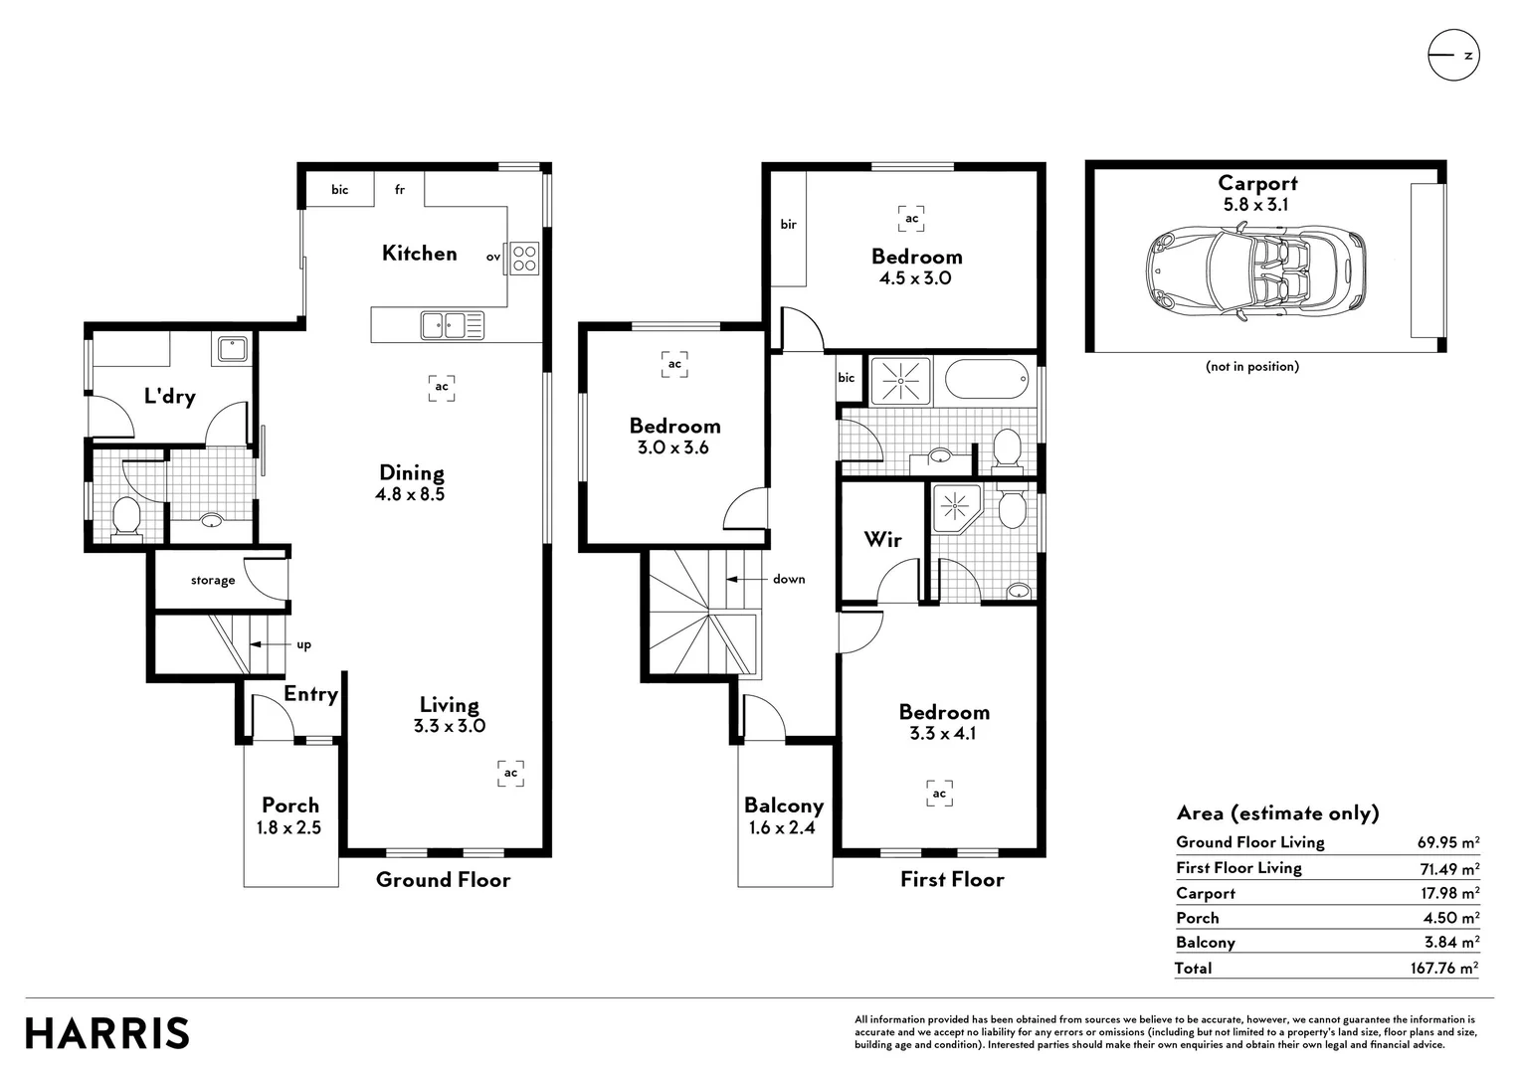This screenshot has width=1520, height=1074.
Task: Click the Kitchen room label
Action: pos(420,253)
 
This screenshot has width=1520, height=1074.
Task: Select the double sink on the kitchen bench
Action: pos(452,325)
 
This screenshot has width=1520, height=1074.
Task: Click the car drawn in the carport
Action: pos(1256,273)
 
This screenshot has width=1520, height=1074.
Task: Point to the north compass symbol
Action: pos(1453,55)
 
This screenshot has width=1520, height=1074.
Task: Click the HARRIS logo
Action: pos(107,1032)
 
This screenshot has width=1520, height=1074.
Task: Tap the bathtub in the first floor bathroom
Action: pos(987,379)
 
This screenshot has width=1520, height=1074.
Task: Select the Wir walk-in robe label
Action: pos(882,540)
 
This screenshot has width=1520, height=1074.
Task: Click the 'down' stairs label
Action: pos(789,579)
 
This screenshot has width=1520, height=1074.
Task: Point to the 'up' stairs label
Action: pos(303,644)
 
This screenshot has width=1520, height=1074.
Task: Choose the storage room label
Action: pos(213,580)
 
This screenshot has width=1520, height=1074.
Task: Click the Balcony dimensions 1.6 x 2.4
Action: pos(783,827)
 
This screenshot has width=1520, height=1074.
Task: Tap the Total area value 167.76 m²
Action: pos(1444,968)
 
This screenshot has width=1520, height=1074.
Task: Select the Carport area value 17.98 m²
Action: pos(1450,893)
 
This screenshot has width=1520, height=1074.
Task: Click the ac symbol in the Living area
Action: pos(510,773)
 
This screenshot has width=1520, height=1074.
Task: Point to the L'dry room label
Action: pos(170,396)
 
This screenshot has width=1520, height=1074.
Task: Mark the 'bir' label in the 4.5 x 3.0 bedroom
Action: pos(788,224)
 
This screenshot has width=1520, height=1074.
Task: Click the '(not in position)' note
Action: pos(1252,366)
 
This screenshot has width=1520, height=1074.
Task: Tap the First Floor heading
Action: pos(952,879)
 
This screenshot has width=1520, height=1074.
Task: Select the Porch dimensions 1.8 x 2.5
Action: pos(288,827)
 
